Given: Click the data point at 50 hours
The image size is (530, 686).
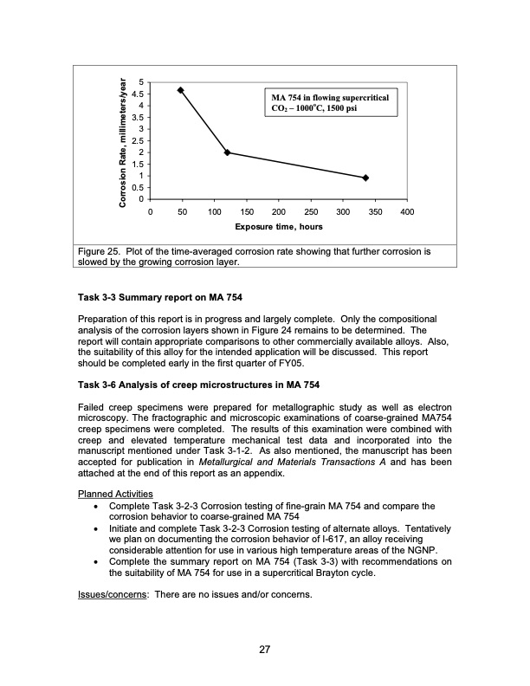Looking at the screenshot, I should pyautogui.click(x=180, y=90).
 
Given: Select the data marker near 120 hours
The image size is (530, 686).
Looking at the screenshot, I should pyautogui.click(x=227, y=152).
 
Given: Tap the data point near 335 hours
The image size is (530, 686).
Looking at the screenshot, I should pyautogui.click(x=365, y=178).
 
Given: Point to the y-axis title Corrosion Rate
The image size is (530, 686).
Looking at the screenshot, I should pyautogui.click(x=124, y=139).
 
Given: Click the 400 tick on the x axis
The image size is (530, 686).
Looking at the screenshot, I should pyautogui.click(x=408, y=211).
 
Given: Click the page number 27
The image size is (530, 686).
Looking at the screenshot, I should pyautogui.click(x=264, y=652).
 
